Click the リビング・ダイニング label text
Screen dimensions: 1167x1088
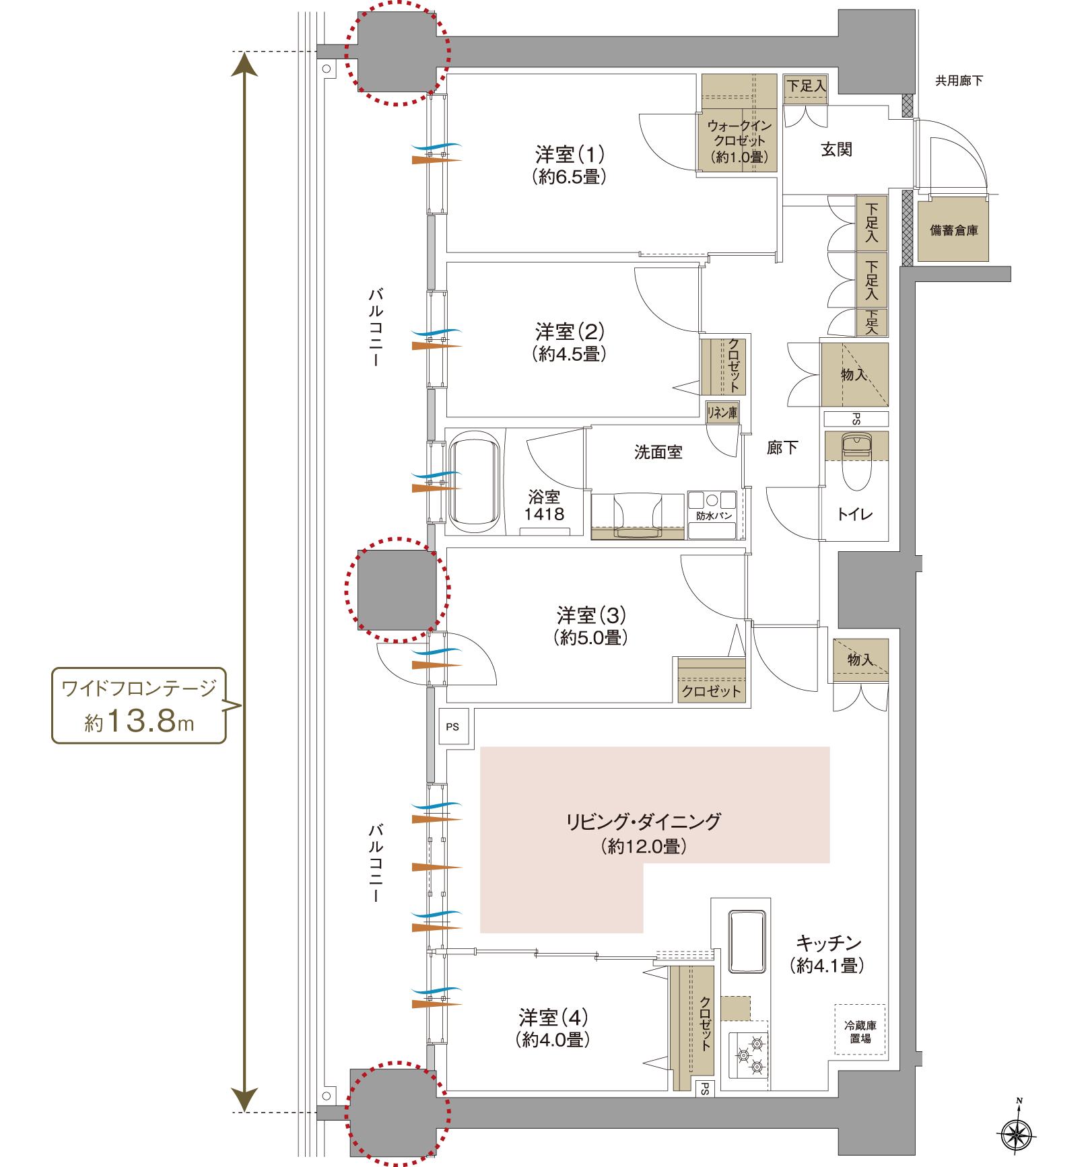pyautogui.click(x=643, y=822)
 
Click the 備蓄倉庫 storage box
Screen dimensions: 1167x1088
pyautogui.click(x=953, y=230)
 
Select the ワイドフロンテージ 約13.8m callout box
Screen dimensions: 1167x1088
pyautogui.click(x=139, y=705)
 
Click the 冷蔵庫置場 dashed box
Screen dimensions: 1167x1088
pyautogui.click(x=860, y=1032)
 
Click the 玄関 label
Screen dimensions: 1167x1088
pyautogui.click(x=836, y=149)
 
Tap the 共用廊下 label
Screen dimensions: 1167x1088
pyautogui.click(x=959, y=81)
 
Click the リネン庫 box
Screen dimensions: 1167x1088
pyautogui.click(x=722, y=413)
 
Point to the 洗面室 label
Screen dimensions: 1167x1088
pyautogui.click(x=658, y=452)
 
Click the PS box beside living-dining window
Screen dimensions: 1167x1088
pyautogui.click(x=453, y=727)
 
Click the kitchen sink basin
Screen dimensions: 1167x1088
pyautogui.click(x=747, y=942)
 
